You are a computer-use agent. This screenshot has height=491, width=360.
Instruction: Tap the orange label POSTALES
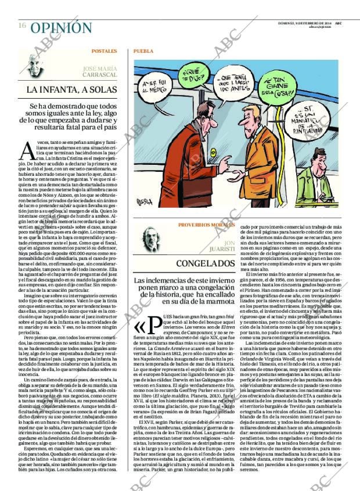(104, 51)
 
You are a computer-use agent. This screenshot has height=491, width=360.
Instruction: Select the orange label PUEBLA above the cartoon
(143, 51)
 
